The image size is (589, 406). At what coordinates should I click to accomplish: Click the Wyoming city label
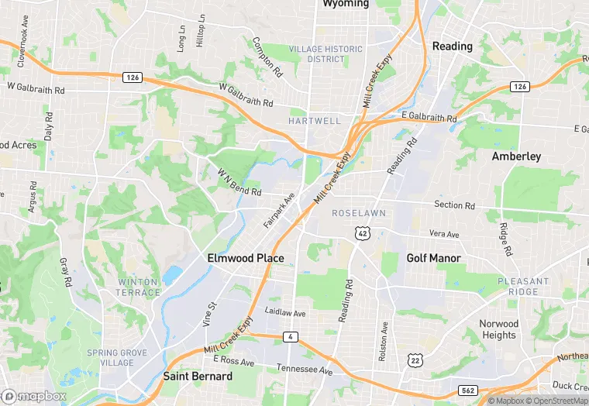[x=346, y=4]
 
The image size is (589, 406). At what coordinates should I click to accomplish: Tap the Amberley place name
[x=516, y=157]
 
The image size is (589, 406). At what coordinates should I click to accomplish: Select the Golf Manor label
[x=433, y=258]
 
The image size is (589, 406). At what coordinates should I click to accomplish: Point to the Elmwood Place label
[x=246, y=258]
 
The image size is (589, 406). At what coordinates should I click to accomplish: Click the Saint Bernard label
[x=198, y=377]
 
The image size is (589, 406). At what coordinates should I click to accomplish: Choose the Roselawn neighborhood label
[x=359, y=212]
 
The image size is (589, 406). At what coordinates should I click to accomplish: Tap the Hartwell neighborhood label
[x=314, y=122]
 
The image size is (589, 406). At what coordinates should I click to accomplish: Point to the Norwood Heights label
[x=498, y=329]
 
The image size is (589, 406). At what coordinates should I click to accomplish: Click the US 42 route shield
[x=362, y=232]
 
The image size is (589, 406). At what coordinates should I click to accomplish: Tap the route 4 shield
[x=290, y=336]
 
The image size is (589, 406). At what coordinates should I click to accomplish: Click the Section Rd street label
[x=454, y=205]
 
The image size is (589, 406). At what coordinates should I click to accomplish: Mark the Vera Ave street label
[x=444, y=234]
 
